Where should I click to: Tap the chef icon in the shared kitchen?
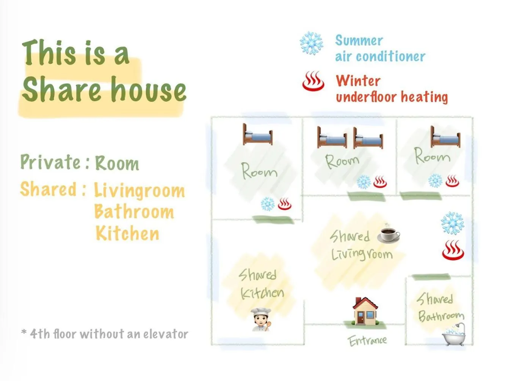point(260,319)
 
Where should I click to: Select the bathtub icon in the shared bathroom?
point(454,334)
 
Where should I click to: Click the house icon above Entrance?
point(365,311)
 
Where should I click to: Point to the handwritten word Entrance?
point(367,341)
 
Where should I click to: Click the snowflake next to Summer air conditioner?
point(311,43)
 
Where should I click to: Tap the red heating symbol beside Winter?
point(313,81)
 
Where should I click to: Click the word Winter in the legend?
point(358,81)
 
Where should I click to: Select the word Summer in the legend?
point(359,41)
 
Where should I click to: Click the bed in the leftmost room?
point(257,135)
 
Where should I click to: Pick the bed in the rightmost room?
point(445,137)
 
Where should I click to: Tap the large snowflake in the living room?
point(452,223)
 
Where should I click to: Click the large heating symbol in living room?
point(453,250)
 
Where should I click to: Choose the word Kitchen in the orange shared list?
point(127,233)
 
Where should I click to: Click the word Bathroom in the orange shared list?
point(134,211)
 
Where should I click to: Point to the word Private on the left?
point(50,162)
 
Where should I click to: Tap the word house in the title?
point(148,89)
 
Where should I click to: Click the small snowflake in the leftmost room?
point(268,204)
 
